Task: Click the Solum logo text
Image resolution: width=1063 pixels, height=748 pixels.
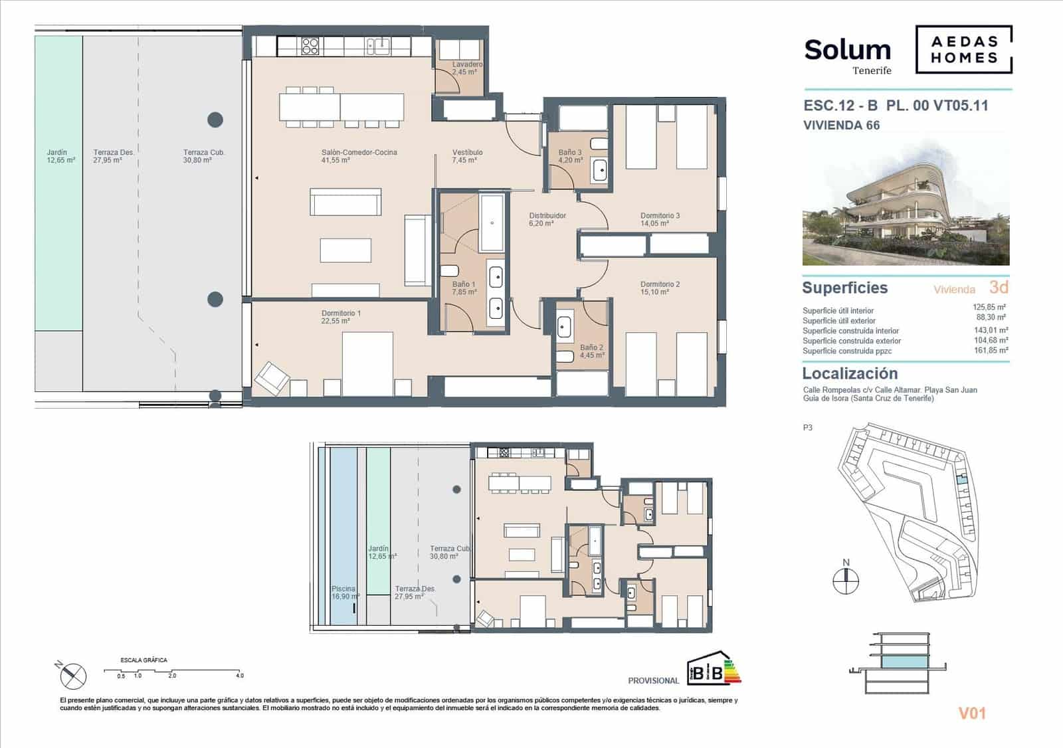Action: point(847,50)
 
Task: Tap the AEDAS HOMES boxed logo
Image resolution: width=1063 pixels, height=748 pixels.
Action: point(963,50)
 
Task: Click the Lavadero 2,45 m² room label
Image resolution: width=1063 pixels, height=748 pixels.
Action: point(466,68)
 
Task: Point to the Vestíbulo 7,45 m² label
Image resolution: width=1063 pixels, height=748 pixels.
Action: point(467,156)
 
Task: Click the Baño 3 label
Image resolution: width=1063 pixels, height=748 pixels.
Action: point(570,156)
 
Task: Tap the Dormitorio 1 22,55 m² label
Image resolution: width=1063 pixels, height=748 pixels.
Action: point(341,317)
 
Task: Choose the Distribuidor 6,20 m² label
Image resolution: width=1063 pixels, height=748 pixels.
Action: point(547,220)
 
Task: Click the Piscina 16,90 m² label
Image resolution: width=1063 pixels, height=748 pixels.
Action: point(345,593)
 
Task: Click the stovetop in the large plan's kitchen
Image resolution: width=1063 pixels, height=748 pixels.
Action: point(310,46)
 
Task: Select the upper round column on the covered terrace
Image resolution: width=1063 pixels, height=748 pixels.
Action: point(215,120)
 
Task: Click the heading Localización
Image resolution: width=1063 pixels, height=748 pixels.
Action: point(850,373)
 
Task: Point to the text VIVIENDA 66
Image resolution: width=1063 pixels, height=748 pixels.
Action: point(841,126)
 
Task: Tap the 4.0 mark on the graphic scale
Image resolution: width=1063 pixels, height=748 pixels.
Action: point(239,676)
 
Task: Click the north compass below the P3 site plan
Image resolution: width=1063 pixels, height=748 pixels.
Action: point(846,580)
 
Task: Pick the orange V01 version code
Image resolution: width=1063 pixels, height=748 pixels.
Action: point(971,713)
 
